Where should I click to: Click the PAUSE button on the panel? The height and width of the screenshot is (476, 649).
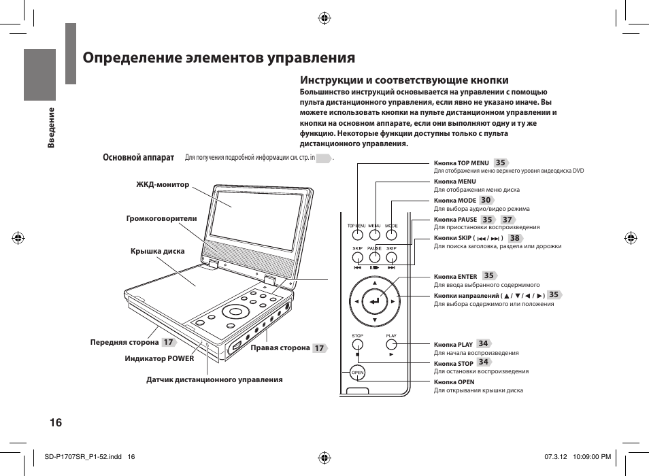(x=375, y=258)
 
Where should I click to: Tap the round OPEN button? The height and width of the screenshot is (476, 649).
(x=357, y=373)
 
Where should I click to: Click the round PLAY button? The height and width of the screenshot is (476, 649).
(x=391, y=345)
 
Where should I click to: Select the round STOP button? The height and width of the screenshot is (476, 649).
(x=357, y=345)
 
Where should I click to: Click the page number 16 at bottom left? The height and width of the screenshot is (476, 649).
(x=56, y=422)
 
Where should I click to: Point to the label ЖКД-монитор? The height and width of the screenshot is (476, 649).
(x=163, y=184)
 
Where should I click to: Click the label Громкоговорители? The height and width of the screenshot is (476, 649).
(x=161, y=218)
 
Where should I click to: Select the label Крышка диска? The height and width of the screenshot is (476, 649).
(x=157, y=252)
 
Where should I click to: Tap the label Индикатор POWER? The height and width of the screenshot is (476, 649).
(x=159, y=358)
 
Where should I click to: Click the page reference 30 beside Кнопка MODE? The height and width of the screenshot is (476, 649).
(x=486, y=201)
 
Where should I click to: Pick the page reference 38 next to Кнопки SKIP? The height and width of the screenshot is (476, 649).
(x=514, y=238)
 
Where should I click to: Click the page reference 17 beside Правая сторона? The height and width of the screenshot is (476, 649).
(x=318, y=348)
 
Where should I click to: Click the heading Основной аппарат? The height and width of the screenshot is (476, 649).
(x=138, y=157)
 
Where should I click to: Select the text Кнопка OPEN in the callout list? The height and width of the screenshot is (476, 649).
(x=454, y=382)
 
